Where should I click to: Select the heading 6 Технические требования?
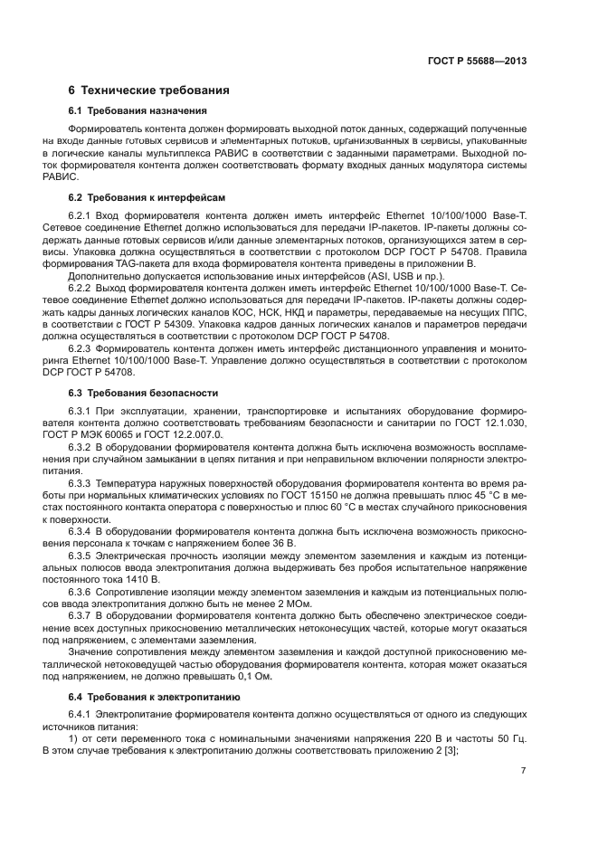click(148, 90)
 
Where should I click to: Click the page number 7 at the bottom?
click(523, 770)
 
